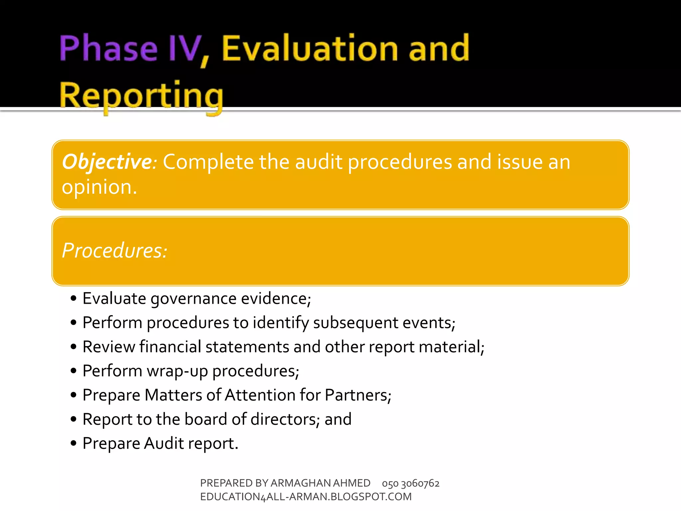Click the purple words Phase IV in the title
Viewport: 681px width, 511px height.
(x=130, y=49)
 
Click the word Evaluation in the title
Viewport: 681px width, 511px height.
(x=309, y=49)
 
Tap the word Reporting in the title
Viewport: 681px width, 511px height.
(x=141, y=96)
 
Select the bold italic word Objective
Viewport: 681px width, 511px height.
(x=107, y=162)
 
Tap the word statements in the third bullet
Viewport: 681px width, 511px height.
(x=247, y=347)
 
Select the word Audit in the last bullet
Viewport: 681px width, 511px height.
(x=164, y=443)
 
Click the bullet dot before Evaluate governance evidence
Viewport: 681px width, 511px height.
(x=74, y=298)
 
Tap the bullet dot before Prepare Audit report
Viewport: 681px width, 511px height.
(x=74, y=443)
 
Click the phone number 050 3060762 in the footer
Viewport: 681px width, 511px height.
(x=411, y=483)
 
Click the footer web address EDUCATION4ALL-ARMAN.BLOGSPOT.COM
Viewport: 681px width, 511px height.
(x=306, y=497)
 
